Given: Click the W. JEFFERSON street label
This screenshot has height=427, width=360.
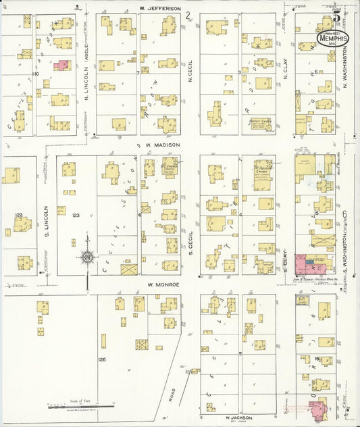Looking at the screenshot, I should tap(160, 8).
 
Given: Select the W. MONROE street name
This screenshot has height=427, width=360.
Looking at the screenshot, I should tap(163, 284).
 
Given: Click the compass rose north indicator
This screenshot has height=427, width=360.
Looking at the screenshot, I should tap(87, 257).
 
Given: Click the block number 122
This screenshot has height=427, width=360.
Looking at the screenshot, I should tap(18, 214).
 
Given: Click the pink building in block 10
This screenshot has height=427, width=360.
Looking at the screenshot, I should tap(61, 66).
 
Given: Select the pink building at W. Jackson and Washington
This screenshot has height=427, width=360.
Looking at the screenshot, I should tap(315, 409).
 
